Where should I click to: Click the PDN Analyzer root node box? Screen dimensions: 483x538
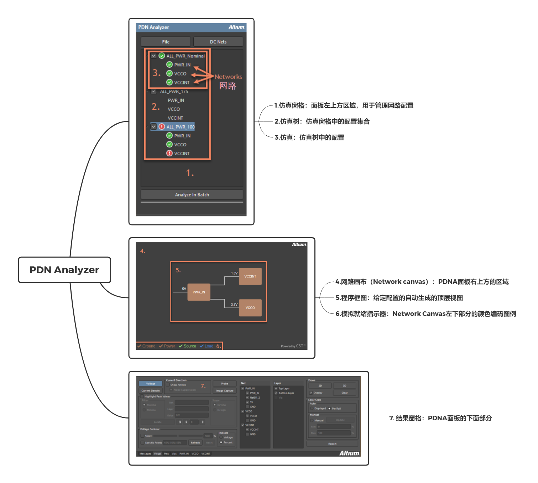click(64, 270)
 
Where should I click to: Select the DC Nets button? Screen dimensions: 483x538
click(218, 42)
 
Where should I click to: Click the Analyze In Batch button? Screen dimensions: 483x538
click(192, 194)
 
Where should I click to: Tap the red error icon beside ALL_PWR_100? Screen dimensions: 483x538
click(162, 127)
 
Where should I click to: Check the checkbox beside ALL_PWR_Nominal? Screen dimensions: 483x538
click(154, 56)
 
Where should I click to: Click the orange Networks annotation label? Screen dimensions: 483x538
click(228, 77)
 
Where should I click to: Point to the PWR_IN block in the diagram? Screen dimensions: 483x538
click(199, 292)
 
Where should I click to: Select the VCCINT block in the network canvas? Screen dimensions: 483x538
click(250, 276)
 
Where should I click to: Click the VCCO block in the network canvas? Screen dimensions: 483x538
click(250, 308)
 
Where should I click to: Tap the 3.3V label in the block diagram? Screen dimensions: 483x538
click(234, 305)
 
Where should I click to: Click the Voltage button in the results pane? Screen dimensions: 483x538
click(151, 384)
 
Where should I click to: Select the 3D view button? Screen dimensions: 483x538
click(344, 386)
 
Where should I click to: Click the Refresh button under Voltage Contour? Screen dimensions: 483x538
click(195, 443)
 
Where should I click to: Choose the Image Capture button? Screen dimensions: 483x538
click(225, 391)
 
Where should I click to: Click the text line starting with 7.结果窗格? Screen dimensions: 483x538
click(440, 418)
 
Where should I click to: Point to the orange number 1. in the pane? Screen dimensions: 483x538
click(190, 173)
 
